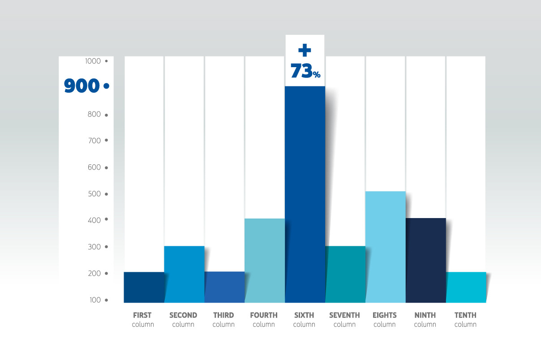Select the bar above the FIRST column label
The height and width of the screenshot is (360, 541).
pos(143,287)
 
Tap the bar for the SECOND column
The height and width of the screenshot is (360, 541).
pos(184,274)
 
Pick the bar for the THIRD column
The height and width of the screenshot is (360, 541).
pos(224,287)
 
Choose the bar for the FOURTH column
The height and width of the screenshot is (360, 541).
pos(264,260)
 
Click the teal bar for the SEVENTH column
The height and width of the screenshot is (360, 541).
pos(345,274)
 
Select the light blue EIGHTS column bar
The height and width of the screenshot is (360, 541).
pos(385,247)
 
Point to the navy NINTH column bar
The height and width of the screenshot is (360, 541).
pos(425,260)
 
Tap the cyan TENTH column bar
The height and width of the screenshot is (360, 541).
pos(466,287)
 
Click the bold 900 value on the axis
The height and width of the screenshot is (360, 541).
pos(82,86)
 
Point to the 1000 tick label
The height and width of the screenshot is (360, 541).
pos(93,61)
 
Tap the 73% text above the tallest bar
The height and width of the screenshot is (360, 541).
pos(305,71)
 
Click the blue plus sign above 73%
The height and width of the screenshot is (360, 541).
pos(305,50)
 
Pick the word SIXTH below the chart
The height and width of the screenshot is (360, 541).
pos(304,315)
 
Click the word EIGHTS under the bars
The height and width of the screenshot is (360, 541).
pos(385,315)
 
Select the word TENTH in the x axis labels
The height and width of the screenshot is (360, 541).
pos(465,315)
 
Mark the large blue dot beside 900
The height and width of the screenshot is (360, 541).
pos(106,86)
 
